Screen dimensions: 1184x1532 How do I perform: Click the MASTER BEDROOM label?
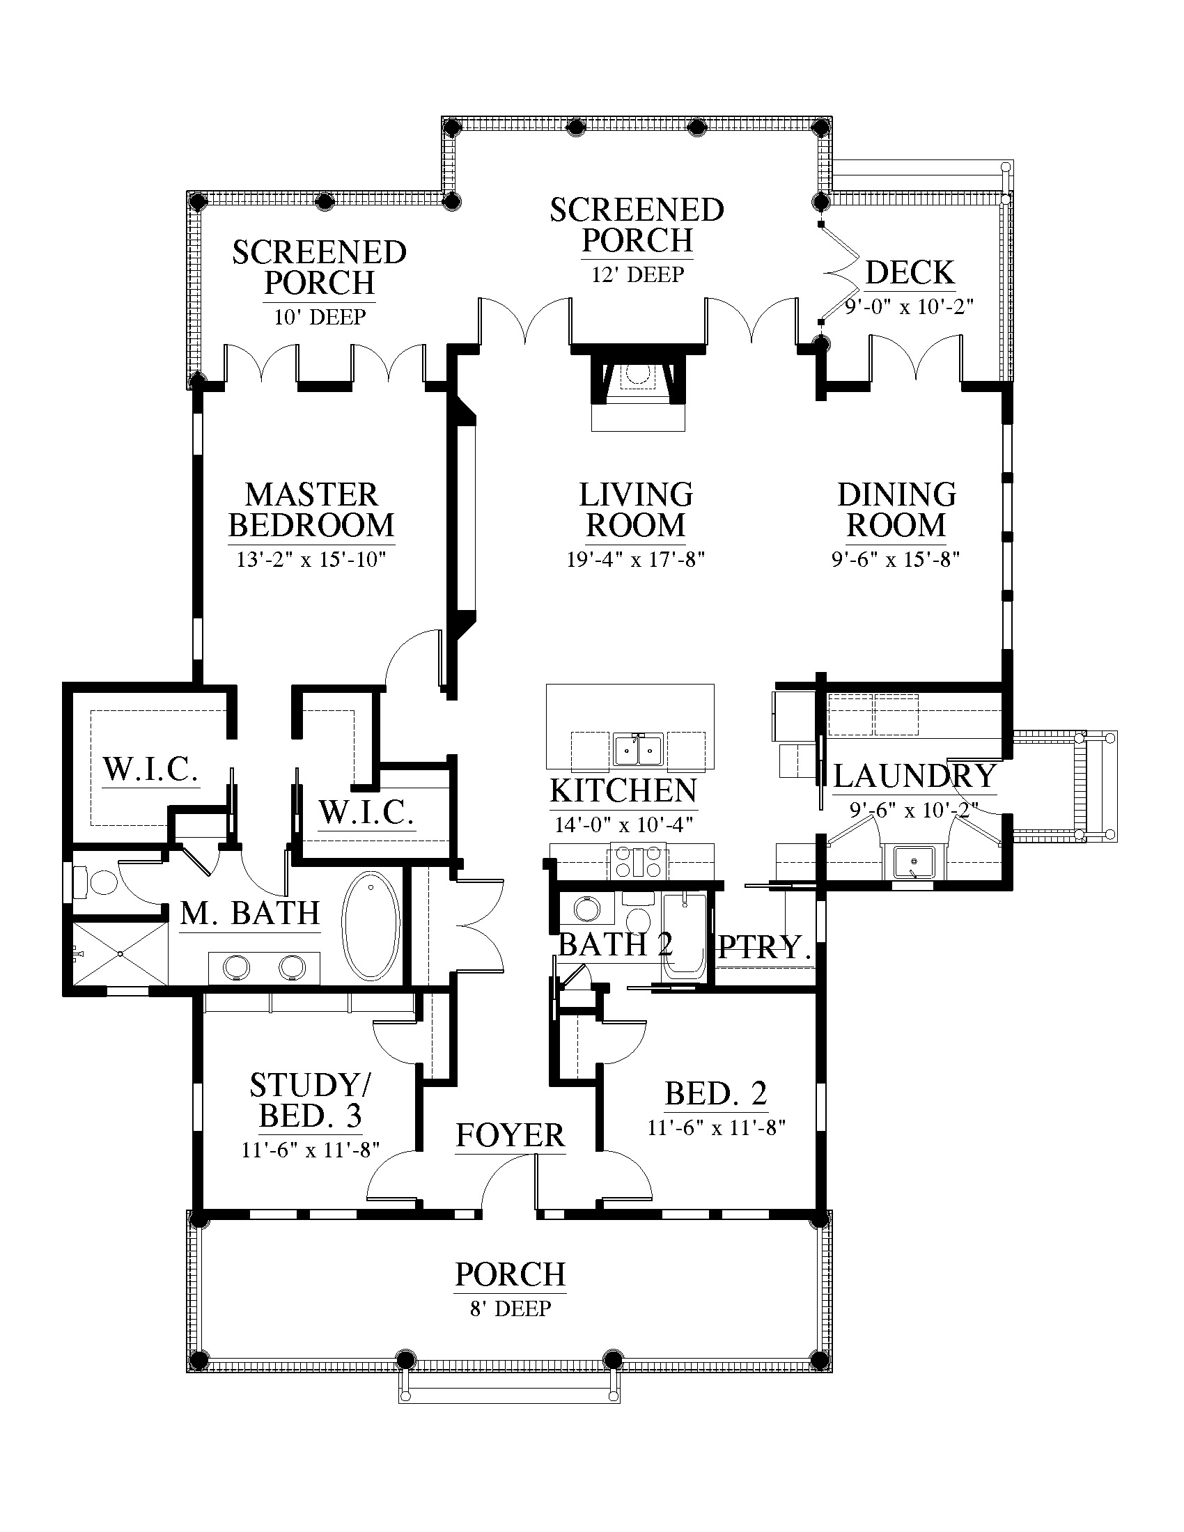311,510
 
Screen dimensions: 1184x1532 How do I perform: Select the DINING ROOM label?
896,510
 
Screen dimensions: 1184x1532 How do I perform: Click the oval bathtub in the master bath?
371,926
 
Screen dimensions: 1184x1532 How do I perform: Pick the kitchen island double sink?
638,750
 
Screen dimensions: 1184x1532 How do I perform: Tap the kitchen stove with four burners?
638,862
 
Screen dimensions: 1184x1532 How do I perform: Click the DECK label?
910,272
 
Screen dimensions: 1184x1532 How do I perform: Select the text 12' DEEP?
637,274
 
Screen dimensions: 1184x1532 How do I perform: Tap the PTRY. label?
765,948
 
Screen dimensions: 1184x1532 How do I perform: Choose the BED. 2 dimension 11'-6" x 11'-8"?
716,1127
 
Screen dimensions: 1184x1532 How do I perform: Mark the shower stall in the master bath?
120,954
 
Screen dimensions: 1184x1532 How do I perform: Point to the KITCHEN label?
623,790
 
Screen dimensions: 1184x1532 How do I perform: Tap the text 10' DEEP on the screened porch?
319,317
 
